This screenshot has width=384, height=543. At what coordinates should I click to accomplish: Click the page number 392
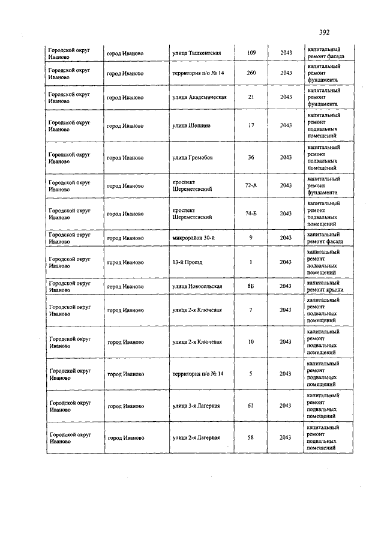(324, 32)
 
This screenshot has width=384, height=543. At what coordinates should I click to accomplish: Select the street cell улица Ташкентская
(197, 53)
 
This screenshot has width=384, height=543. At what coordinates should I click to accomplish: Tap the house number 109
(251, 53)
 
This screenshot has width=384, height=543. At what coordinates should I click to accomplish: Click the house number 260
(251, 73)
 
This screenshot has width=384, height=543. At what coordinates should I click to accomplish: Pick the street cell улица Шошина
(191, 125)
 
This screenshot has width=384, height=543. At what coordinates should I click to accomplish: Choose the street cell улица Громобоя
(192, 158)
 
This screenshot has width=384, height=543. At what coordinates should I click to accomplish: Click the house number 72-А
(251, 185)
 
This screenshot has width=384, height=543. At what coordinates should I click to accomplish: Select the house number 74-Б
(251, 214)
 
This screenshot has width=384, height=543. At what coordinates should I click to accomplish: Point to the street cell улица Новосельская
(197, 286)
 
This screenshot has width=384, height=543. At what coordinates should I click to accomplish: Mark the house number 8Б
(251, 286)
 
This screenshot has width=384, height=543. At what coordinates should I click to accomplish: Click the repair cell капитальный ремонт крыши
(325, 286)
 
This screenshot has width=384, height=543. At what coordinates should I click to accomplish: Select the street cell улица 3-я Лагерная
(196, 406)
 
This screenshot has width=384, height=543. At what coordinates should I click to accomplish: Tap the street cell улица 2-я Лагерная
(196, 438)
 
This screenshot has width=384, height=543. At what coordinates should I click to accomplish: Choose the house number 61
(251, 406)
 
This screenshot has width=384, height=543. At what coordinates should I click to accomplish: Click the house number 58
(251, 438)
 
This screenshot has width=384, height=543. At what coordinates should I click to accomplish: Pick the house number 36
(251, 158)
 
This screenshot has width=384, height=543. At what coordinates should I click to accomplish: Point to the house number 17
(251, 125)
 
